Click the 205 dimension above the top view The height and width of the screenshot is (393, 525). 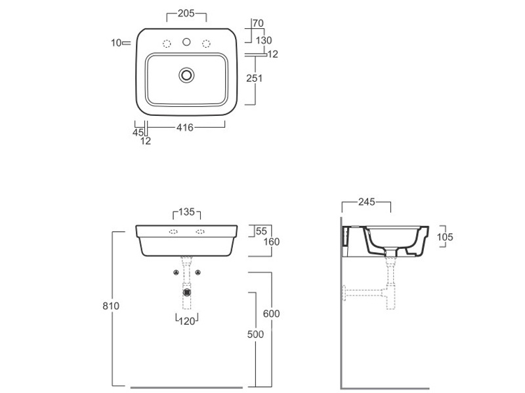point(186,13)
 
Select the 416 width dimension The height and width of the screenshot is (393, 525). point(185,127)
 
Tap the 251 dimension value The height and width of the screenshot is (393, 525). point(255,78)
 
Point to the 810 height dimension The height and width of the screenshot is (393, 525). point(111,306)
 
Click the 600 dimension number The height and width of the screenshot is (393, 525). point(271,314)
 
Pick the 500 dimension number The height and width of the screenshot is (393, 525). point(255,334)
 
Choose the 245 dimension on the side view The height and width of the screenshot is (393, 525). point(367,202)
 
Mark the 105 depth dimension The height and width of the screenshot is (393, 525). point(445,237)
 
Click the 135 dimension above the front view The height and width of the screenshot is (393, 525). point(186,212)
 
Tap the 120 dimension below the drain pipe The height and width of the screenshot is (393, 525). point(187,321)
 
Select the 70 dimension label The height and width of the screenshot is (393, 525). point(258,24)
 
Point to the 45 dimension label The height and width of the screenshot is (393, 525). point(138,133)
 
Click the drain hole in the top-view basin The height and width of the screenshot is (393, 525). point(186,75)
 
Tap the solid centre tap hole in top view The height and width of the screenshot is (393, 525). point(186,42)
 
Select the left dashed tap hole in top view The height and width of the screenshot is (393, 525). point(167,44)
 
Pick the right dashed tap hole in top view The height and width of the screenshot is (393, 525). point(206,44)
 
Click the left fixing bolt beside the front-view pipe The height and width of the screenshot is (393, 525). point(176,272)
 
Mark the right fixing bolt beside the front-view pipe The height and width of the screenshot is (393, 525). point(198,272)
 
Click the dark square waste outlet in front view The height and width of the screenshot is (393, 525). point(187,292)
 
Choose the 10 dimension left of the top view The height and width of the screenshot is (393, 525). point(116,43)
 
